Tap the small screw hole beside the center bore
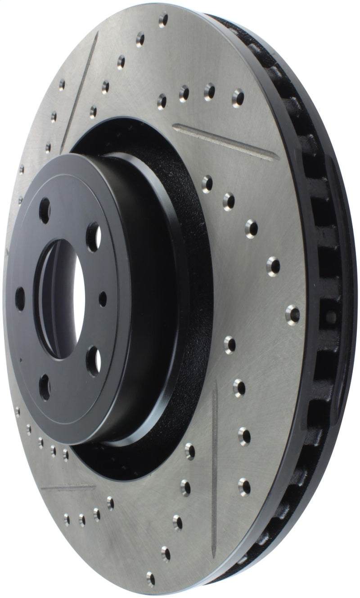[103, 298]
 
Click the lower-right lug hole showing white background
[94, 361]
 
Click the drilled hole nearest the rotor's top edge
[163, 20]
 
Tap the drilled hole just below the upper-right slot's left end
[207, 183]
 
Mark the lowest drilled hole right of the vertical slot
[244, 485]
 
